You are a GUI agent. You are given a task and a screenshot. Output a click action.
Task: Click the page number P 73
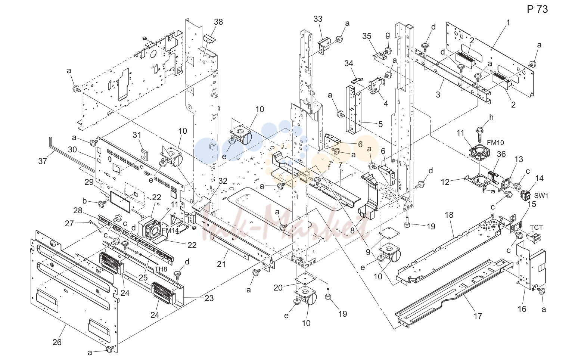point(537,9)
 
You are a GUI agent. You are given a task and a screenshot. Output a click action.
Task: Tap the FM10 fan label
point(495,142)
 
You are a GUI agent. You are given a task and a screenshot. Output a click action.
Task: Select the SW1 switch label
point(541,195)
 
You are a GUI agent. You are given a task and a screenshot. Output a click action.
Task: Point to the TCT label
point(537,227)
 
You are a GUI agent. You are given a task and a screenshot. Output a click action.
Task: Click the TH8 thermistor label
point(161,269)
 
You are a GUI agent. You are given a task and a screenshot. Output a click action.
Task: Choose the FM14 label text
point(170,230)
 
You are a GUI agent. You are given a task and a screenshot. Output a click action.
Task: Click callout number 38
point(218,22)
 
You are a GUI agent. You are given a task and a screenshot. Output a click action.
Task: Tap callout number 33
point(318,19)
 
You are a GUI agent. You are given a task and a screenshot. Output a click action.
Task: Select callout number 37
point(43,161)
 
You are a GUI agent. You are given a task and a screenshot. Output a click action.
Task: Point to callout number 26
point(57,342)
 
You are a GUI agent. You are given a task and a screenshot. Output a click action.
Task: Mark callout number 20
point(278,288)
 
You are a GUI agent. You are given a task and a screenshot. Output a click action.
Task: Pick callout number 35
point(367,36)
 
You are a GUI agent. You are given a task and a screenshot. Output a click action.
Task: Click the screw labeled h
point(479,134)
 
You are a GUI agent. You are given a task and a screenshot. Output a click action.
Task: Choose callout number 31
point(137,135)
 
